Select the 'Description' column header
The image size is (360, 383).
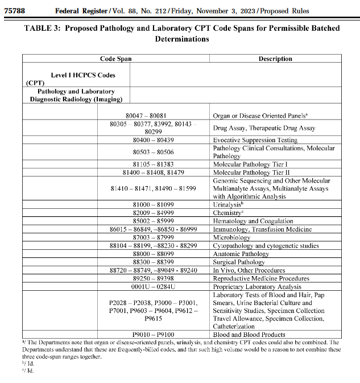click(x=275, y=59)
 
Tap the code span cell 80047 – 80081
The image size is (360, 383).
click(x=158, y=115)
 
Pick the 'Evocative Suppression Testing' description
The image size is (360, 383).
click(x=255, y=140)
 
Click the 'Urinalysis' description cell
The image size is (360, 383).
click(x=232, y=204)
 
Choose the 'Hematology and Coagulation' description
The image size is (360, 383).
click(x=253, y=221)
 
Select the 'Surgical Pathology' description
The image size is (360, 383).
click(x=239, y=262)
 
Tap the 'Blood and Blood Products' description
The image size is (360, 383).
click(x=249, y=335)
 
